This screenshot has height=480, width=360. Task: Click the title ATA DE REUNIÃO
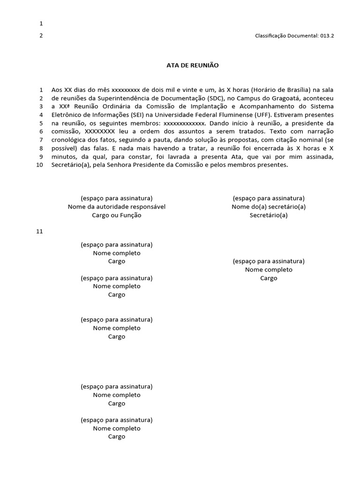[193, 65]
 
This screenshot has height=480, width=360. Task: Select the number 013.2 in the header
[327, 36]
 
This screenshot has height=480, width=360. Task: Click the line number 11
[39, 232]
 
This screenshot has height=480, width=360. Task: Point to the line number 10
[39, 165]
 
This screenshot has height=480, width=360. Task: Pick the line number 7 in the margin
[41, 140]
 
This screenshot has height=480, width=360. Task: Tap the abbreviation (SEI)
[158, 115]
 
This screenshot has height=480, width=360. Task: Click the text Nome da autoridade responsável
[117, 207]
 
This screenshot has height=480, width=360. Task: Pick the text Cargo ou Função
[117, 215]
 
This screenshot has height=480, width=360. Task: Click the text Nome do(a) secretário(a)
[269, 207]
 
